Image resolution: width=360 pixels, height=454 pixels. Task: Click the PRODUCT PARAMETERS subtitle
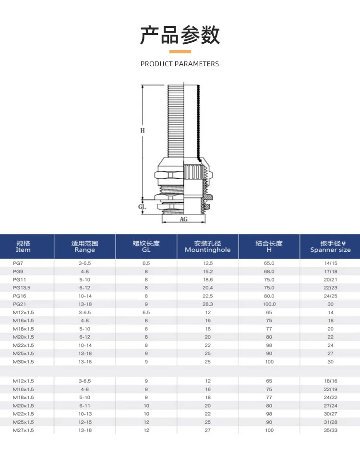pyautogui.click(x=180, y=64)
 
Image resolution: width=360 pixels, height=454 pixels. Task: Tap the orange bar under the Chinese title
pyautogui.click(x=180, y=51)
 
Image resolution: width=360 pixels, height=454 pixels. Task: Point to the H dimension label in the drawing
pyautogui.click(x=143, y=131)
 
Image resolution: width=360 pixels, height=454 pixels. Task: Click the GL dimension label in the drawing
pyautogui.click(x=142, y=207)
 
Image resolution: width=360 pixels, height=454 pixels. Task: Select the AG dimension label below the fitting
pyautogui.click(x=183, y=219)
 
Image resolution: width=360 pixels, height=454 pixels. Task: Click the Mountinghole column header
pyautogui.click(x=208, y=250)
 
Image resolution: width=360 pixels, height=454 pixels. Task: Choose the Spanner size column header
pyautogui.click(x=331, y=250)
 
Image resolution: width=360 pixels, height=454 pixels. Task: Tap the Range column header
pyautogui.click(x=85, y=250)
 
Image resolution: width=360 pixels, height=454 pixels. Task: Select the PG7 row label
pyautogui.click(x=18, y=263)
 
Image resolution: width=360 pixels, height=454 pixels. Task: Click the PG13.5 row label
pyautogui.click(x=22, y=288)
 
